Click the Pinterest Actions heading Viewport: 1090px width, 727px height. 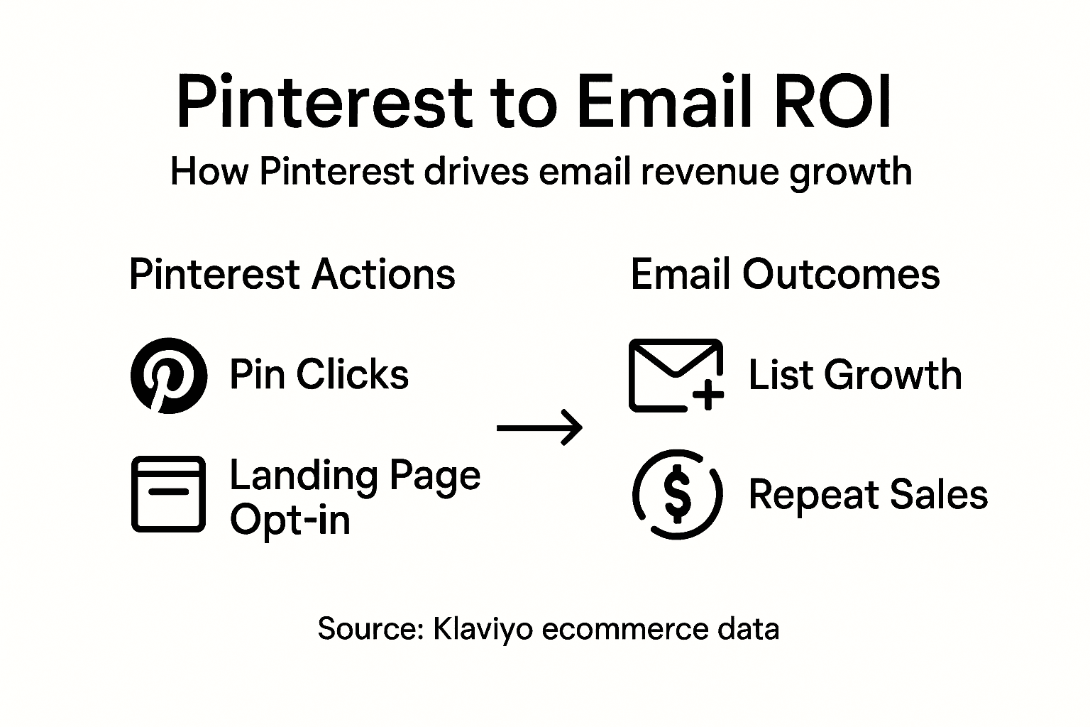(292, 275)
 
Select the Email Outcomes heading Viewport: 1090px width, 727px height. (785, 275)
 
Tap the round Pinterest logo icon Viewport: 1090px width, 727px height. (169, 376)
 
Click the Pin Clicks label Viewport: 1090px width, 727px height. (319, 375)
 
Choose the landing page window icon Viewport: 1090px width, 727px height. (169, 494)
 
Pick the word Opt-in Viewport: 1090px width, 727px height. (290, 520)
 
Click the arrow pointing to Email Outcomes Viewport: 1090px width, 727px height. (539, 427)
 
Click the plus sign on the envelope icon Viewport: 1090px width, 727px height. (708, 395)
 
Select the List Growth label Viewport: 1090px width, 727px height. (855, 375)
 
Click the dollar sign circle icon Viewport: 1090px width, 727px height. (677, 494)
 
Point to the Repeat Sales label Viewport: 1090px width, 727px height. (868, 494)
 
